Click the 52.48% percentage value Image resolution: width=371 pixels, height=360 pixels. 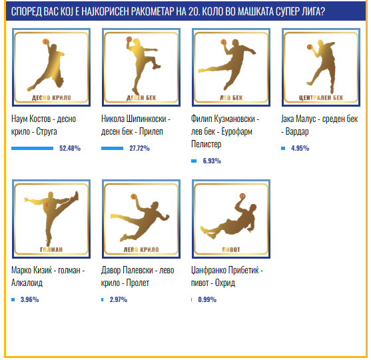pos(70,148)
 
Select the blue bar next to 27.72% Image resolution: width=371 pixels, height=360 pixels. pos(112,148)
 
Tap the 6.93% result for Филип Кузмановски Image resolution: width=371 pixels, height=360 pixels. pos(212,161)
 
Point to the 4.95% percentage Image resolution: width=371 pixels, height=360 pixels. pos(300,148)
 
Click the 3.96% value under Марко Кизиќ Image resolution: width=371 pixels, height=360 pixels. pos(29,299)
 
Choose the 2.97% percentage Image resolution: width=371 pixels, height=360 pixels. pos(119,299)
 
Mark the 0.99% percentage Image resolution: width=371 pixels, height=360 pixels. pos(207,299)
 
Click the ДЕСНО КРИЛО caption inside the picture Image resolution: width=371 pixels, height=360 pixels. pos(51,97)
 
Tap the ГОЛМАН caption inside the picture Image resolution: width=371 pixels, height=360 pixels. pos(51,249)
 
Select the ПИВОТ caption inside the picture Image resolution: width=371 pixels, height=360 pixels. pos(231,249)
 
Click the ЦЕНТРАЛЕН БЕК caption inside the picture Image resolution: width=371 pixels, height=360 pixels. pos(321,97)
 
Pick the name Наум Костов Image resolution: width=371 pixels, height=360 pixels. pos(31,119)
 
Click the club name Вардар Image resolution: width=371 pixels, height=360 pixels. pos(297,132)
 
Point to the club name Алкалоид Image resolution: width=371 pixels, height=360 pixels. pos(27,283)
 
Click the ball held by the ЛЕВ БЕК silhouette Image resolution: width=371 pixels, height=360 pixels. pos(223,42)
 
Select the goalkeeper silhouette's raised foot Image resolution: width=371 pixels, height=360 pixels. pos(76,195)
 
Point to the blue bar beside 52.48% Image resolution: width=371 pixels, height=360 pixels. pos(32,148)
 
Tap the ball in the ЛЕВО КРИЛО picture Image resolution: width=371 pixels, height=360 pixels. pos(133,197)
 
